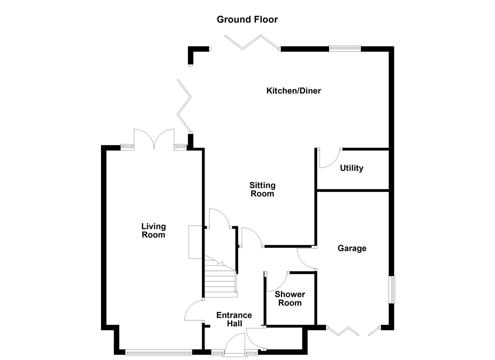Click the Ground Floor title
point(247,19)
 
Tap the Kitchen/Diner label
point(293,91)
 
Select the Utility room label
point(351,168)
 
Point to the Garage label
point(352,248)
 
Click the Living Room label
point(153,231)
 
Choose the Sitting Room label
point(262,189)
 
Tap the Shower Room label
point(290,299)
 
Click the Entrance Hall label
point(234,319)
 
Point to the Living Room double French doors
point(154,139)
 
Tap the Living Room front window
point(158,352)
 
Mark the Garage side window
point(392,289)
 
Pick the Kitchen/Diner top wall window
point(345,48)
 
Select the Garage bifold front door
point(343,331)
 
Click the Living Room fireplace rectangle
point(196,242)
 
